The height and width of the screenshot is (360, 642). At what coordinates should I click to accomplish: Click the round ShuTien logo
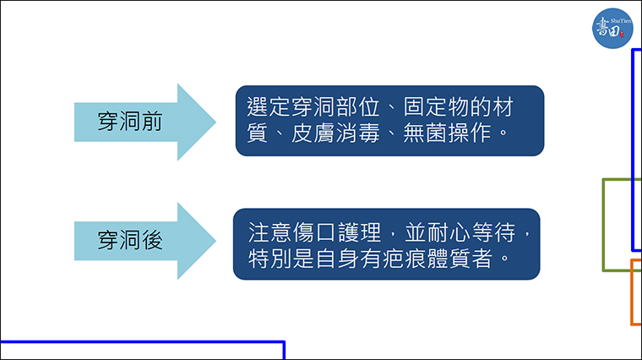click(x=612, y=28)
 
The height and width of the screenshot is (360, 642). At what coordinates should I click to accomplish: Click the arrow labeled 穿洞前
click(x=145, y=122)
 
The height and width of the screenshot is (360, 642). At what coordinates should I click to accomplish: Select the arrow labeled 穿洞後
click(x=145, y=241)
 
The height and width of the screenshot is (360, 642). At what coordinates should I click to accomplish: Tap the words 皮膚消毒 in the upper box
click(x=335, y=134)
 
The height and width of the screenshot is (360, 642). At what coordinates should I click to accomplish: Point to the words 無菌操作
click(x=447, y=134)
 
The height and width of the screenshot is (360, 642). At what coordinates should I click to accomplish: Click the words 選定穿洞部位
click(x=313, y=107)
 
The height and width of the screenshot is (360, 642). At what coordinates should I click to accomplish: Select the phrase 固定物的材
click(x=458, y=107)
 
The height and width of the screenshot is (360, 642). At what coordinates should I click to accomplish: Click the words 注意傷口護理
click(x=314, y=232)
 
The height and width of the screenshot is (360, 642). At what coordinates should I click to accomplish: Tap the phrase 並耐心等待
click(x=460, y=232)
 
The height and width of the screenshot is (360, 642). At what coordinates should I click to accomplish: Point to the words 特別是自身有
click(x=314, y=259)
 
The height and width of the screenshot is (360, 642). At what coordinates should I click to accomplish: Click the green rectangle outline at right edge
click(x=603, y=225)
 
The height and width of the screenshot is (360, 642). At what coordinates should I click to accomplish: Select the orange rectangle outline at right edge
click(x=632, y=292)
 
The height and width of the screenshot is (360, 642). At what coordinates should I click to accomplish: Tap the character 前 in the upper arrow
click(x=152, y=122)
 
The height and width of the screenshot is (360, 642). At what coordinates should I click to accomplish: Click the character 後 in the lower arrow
click(x=152, y=240)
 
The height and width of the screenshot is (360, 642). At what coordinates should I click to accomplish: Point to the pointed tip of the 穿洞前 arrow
click(x=215, y=122)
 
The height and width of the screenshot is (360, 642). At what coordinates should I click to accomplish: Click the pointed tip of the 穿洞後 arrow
click(x=215, y=241)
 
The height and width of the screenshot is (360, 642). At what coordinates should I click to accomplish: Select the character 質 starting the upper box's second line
click(x=258, y=134)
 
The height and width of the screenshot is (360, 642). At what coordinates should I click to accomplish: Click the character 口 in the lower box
click(x=325, y=232)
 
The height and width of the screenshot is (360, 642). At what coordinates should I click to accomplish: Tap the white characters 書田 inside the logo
click(x=608, y=28)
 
